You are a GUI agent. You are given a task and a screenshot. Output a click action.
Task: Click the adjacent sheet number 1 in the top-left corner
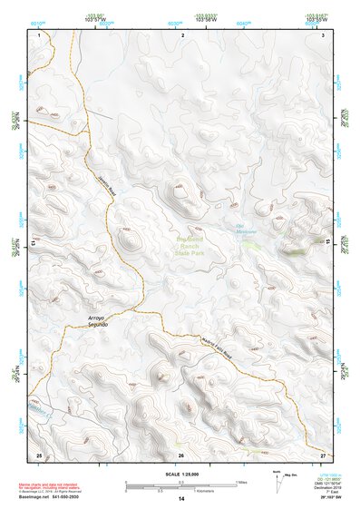40,34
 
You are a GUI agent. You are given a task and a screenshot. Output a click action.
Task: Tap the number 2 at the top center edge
182,34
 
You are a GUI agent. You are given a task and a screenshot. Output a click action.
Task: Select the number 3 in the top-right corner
323,34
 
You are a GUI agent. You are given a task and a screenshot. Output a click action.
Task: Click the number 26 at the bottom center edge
181,454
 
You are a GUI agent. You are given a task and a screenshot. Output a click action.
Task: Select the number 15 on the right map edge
327,243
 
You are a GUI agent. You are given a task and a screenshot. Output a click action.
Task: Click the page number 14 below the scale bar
181,500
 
